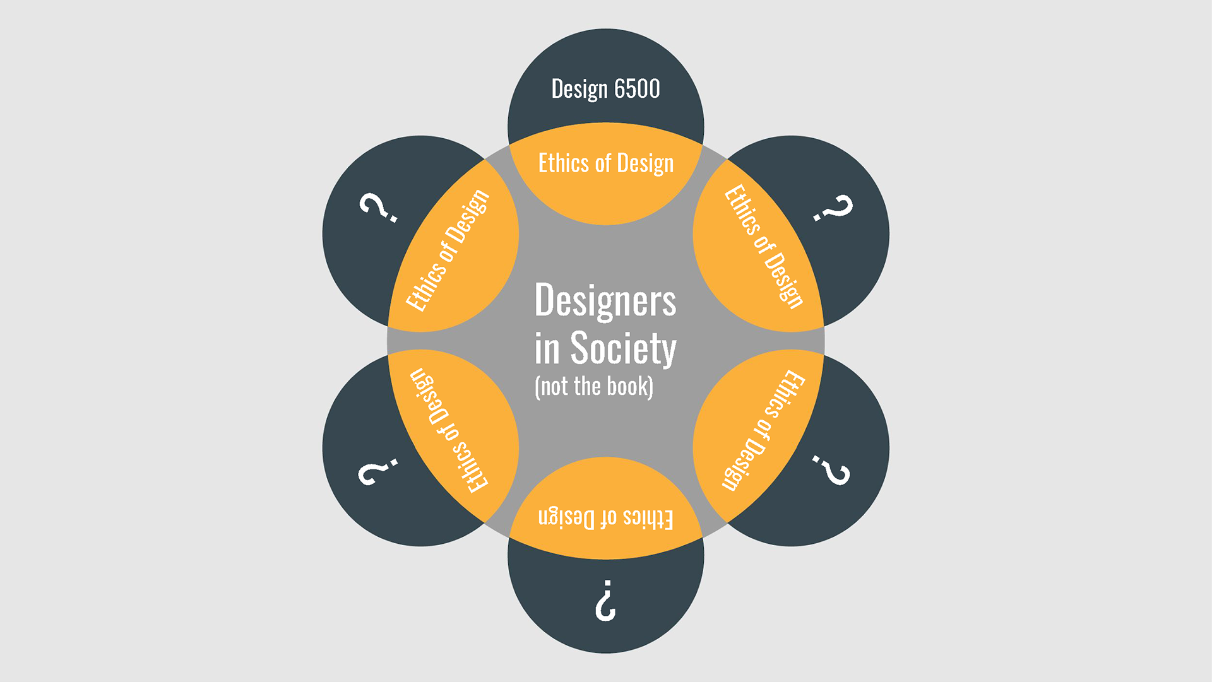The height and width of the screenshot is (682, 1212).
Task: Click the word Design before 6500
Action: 579,90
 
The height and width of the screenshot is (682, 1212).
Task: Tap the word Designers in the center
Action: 605,300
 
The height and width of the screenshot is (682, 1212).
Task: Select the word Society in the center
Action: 623,348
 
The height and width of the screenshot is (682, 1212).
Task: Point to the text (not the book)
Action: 593,387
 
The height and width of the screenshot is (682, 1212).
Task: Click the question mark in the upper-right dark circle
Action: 833,208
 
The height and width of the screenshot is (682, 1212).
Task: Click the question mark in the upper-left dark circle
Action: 378,208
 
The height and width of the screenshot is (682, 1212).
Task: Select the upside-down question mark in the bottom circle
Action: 605,600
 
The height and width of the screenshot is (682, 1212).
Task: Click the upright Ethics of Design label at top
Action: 605,163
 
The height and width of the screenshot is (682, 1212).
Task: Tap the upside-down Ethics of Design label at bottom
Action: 605,519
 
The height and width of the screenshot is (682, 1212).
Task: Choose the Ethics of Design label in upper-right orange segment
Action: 764,246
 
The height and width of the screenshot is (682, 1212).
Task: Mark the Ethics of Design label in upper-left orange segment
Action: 447,250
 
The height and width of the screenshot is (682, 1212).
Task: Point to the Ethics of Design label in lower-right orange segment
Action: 763,430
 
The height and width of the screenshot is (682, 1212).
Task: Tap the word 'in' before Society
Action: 547,349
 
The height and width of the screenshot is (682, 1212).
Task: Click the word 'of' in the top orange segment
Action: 603,163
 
